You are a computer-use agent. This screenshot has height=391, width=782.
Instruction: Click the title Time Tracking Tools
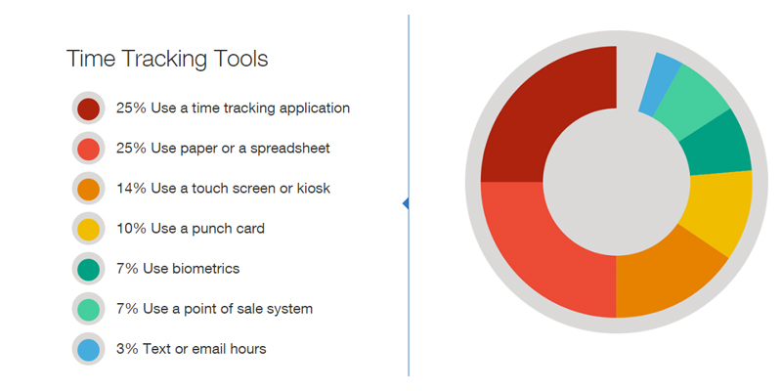pos(167,59)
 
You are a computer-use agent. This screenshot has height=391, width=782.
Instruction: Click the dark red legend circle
pos(88,109)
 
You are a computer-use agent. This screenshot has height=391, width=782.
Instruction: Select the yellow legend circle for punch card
pos(88,229)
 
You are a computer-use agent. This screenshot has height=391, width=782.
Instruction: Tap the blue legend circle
pos(88,349)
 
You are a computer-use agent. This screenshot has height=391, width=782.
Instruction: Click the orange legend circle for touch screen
pos(88,189)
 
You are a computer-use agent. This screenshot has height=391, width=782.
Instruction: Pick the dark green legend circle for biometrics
pos(88,269)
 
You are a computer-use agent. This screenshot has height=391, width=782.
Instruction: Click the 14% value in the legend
pos(131,189)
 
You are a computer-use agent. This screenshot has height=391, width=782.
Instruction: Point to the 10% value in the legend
pos(131,229)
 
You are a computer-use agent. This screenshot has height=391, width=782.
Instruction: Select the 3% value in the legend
pos(127,349)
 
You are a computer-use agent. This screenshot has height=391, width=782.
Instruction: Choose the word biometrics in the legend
pos(206,269)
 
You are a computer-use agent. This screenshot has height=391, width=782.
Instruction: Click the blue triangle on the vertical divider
pos(406,203)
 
